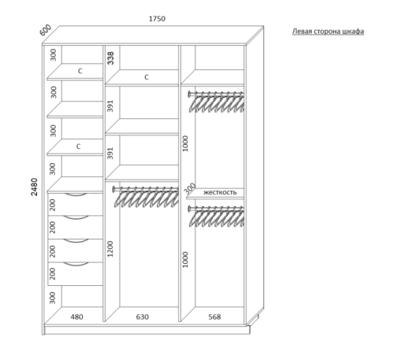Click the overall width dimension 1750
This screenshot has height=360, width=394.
point(157,19)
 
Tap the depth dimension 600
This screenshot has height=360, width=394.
point(46,30)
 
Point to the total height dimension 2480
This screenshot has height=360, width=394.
point(35,187)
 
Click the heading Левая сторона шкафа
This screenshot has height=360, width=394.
point(328,32)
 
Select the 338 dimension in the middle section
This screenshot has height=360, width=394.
point(111,58)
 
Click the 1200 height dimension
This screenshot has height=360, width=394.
point(110,249)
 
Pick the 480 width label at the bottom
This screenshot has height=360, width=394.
point(76,317)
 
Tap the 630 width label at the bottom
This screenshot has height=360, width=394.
point(143,317)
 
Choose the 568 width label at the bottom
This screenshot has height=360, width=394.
point(214,317)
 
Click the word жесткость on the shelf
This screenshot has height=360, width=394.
point(220,192)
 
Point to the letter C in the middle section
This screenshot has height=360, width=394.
point(147,77)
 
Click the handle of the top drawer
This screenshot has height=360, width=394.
point(76,195)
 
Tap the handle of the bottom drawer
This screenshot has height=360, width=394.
point(76,264)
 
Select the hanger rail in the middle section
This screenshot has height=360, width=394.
point(145,188)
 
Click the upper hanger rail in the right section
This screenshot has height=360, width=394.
point(216,93)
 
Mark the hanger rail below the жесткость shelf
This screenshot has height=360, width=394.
point(216,208)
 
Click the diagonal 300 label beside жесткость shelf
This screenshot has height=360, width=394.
point(190,187)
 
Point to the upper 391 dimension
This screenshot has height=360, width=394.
point(110,106)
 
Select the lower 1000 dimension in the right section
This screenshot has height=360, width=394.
point(185,259)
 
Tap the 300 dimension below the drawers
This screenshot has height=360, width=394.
point(53,298)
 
